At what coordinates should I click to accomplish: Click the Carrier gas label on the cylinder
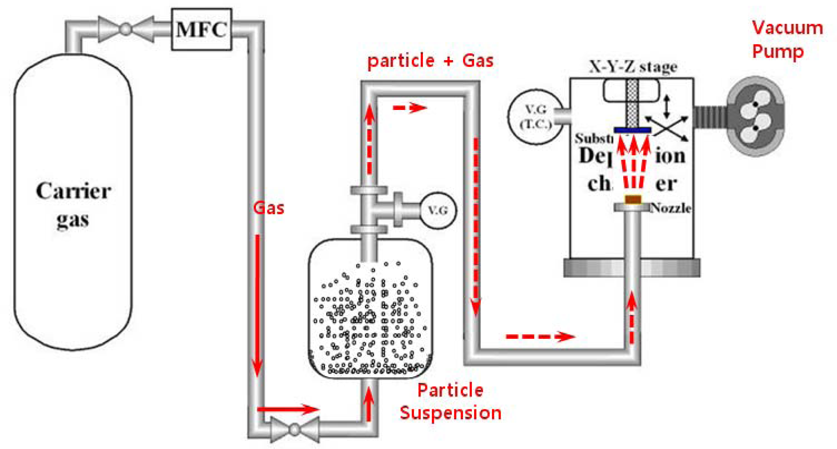point(73,204)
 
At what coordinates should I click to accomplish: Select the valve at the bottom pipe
point(294,429)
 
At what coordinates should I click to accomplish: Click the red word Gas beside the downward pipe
point(268,208)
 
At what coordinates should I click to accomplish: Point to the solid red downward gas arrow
point(257,305)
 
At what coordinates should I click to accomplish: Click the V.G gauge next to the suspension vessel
point(438,211)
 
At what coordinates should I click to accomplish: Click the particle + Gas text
point(430,61)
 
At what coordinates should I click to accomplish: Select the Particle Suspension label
point(450,402)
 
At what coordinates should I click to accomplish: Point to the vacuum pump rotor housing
point(755,116)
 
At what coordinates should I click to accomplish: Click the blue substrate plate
point(632,130)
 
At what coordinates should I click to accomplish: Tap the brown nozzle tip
point(633,199)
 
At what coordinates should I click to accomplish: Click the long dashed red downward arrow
point(476,227)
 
